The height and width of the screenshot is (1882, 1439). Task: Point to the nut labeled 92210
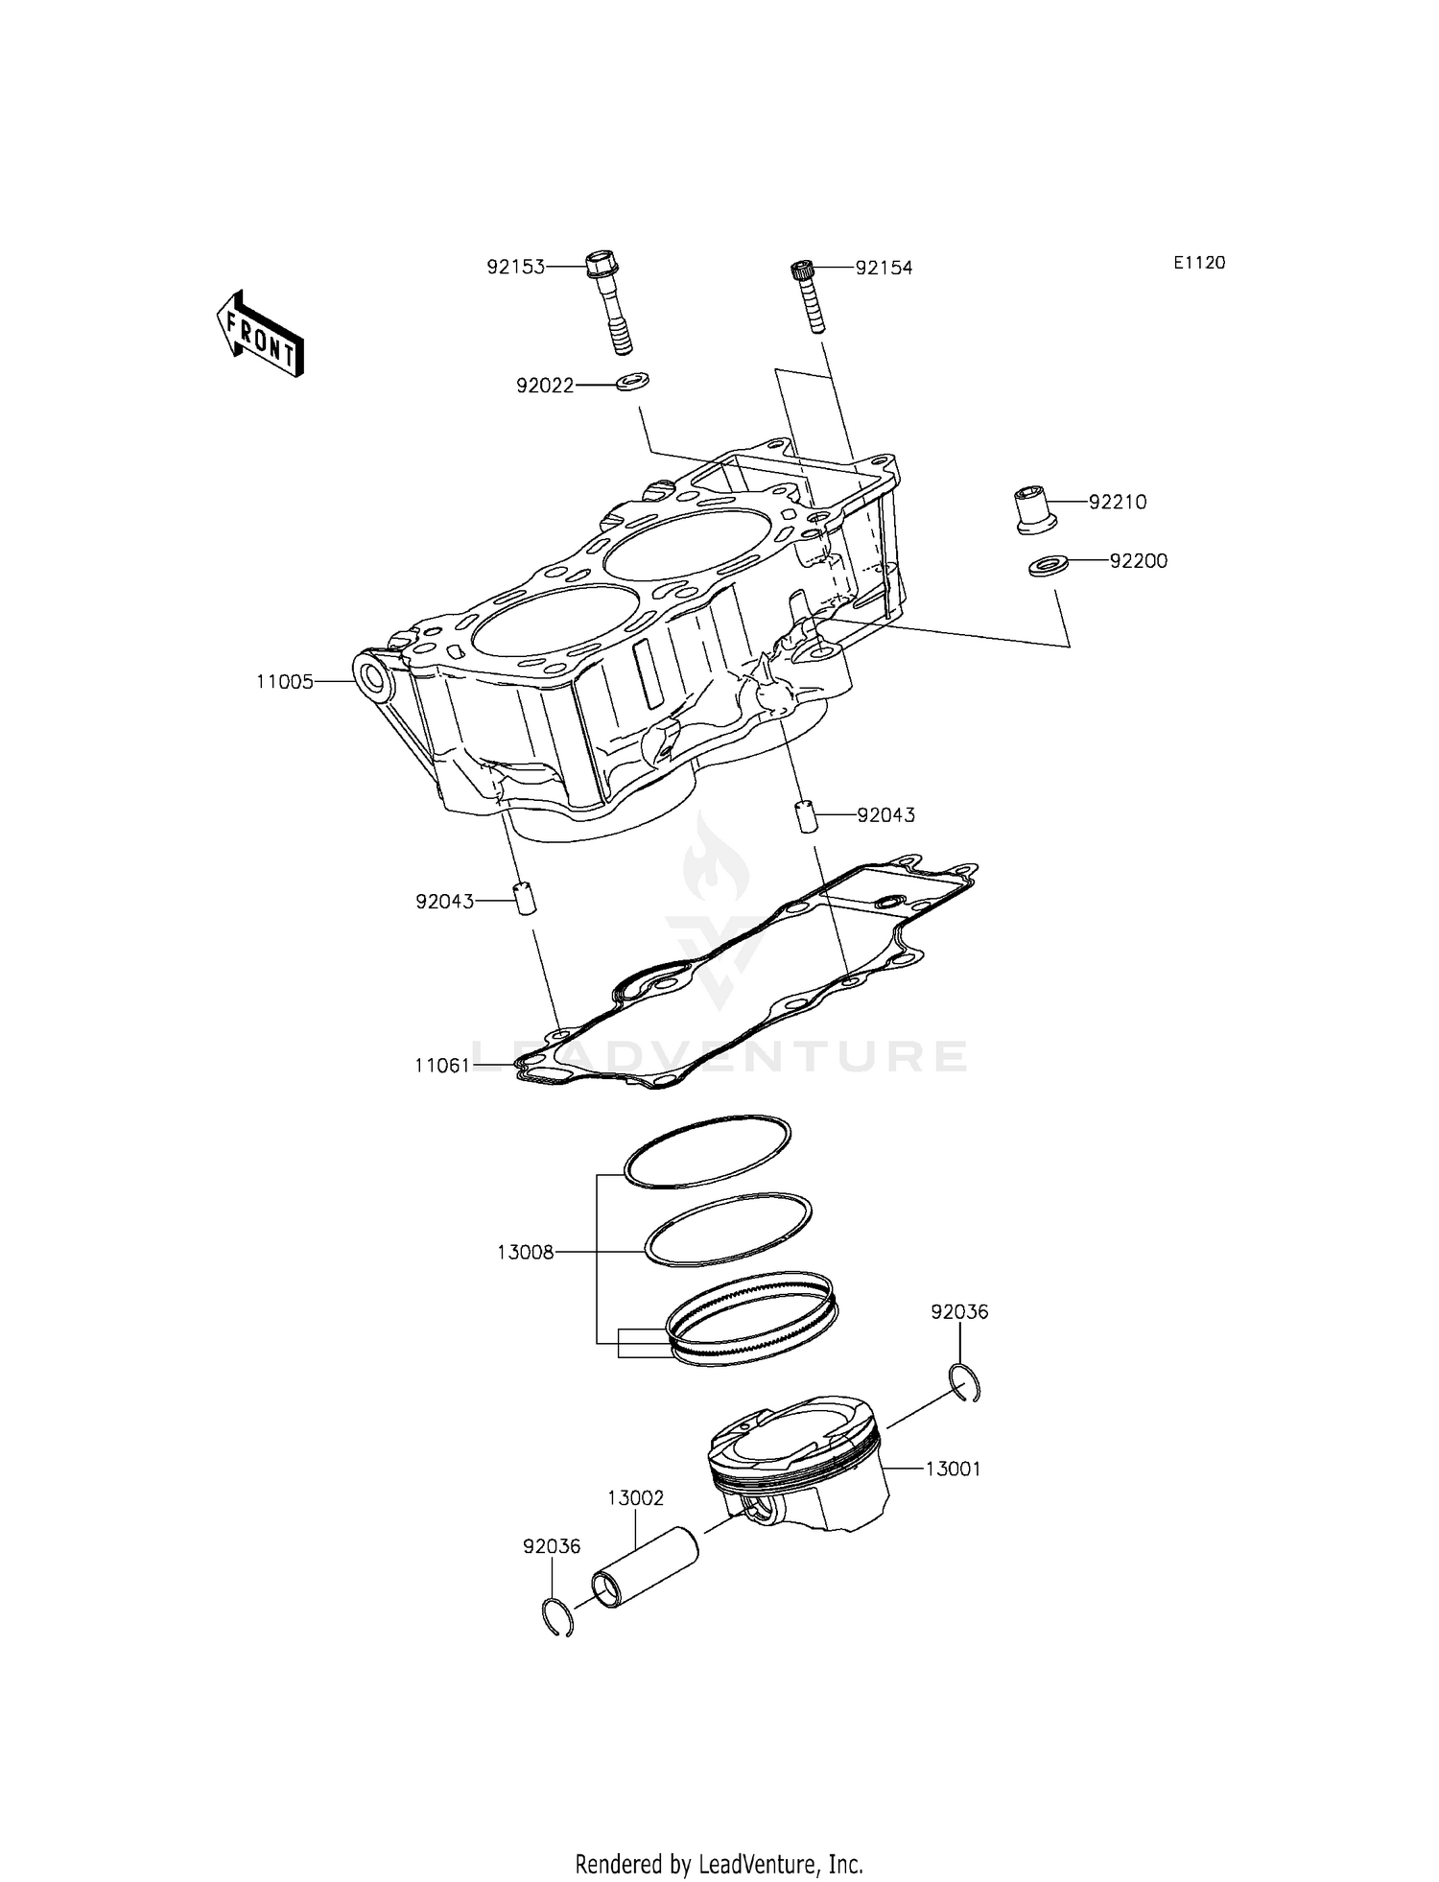point(1035,509)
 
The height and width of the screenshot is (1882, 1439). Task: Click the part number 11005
point(284,682)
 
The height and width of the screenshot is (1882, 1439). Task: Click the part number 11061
point(442,1065)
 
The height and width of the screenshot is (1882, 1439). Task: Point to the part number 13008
point(526,1252)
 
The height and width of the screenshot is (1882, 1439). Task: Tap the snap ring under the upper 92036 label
point(967,1382)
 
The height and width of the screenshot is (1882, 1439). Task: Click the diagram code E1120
point(1198,263)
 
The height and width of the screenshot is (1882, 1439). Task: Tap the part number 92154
point(884,268)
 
